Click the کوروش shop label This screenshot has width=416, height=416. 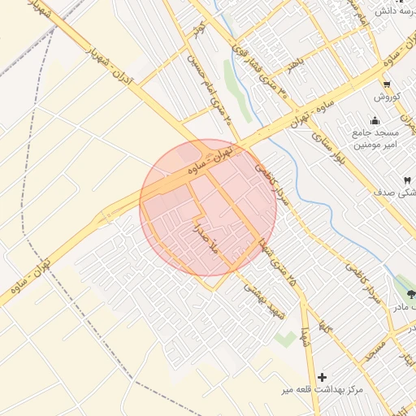(388, 97)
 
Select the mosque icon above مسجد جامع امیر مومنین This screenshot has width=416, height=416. (375, 118)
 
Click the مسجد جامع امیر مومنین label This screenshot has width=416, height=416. (374, 137)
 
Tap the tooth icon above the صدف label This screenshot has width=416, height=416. (406, 180)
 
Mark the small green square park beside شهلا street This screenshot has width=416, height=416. (284, 338)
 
